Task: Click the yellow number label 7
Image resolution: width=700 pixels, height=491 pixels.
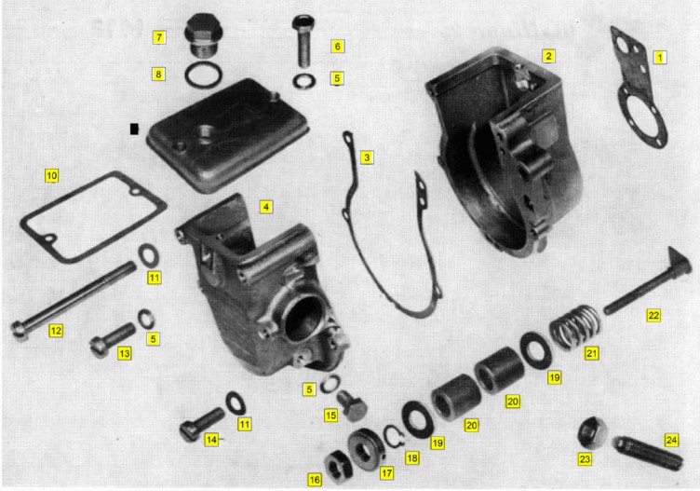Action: [x=159, y=37]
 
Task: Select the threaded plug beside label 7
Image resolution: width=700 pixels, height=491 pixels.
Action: [x=204, y=35]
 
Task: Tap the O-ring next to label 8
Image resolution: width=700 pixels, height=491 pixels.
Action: [x=204, y=75]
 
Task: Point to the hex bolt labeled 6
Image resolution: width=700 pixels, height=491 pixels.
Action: [x=303, y=41]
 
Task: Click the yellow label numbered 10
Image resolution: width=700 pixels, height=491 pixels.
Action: [x=52, y=175]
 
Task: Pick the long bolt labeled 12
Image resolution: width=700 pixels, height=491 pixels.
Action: [x=74, y=302]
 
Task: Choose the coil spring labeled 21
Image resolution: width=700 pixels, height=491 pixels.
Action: [x=575, y=327]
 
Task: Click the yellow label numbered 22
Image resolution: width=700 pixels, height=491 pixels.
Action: [x=653, y=315]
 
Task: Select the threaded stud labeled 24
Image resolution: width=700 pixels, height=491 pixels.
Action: [x=649, y=454]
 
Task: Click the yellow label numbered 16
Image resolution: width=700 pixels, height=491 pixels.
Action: [x=315, y=480]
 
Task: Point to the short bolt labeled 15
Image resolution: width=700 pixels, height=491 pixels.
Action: [x=352, y=405]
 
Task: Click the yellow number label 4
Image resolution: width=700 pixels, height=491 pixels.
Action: [x=266, y=207]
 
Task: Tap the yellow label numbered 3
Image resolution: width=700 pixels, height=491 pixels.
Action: [x=367, y=157]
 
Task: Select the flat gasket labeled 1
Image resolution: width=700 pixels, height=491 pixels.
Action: [x=638, y=88]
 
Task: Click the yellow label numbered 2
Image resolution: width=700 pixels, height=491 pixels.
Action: [x=548, y=56]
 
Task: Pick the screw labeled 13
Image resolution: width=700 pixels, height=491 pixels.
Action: [x=114, y=339]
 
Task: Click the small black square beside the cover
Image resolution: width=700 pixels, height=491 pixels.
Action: [x=134, y=129]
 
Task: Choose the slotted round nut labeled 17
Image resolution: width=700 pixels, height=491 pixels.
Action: [x=366, y=449]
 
